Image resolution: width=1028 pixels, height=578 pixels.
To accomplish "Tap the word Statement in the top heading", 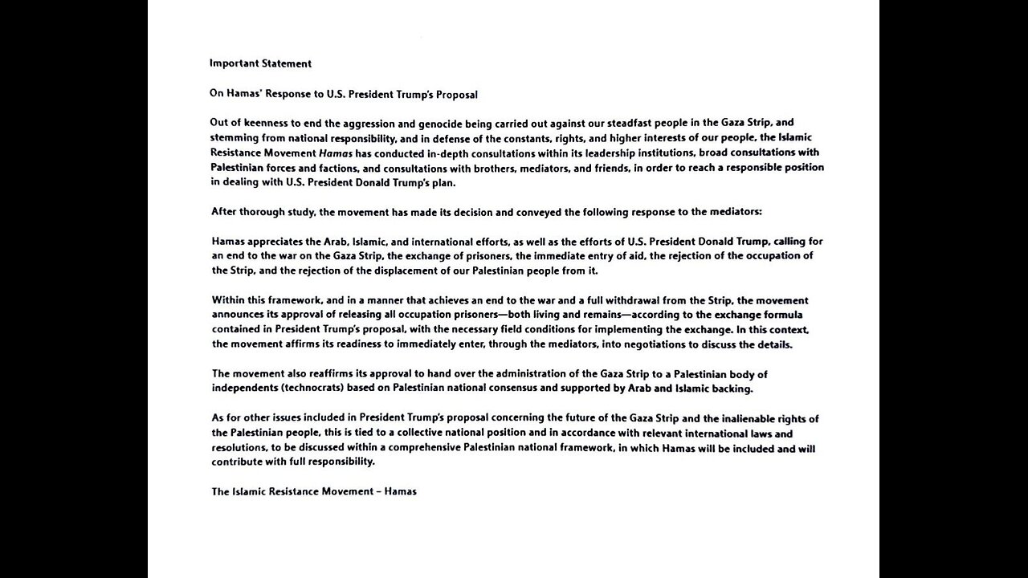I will [288, 63].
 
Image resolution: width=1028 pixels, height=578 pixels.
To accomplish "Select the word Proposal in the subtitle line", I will [456, 95].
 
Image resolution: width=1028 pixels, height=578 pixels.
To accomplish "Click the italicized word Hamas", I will [335, 153].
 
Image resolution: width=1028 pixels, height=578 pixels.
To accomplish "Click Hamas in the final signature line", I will [401, 491].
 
